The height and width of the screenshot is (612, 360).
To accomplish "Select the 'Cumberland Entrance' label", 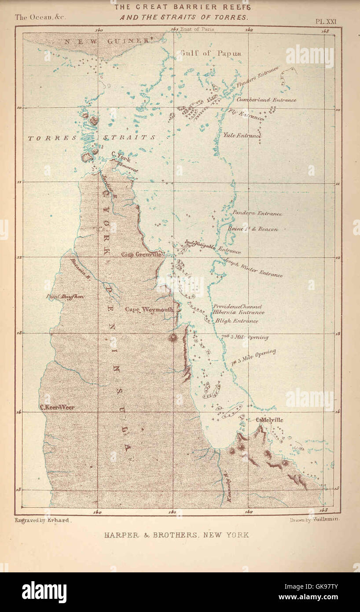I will click(x=266, y=100).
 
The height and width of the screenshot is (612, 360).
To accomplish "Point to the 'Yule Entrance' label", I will click(x=242, y=136).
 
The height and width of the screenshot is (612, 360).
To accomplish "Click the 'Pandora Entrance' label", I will click(x=257, y=214).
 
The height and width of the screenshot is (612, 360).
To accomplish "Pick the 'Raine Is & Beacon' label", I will click(x=253, y=229).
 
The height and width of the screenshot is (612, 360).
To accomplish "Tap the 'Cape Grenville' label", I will click(x=142, y=254).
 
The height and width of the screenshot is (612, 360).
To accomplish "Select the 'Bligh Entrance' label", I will click(x=236, y=321).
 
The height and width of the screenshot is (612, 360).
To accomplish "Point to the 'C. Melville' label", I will click(x=269, y=420).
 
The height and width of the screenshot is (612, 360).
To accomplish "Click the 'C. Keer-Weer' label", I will click(x=57, y=407).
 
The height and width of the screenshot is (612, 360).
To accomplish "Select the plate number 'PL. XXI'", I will click(x=325, y=21).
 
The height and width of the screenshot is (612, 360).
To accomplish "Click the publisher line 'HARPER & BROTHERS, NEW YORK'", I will click(x=176, y=535).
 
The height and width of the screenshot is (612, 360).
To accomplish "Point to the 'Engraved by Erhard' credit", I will click(x=42, y=520).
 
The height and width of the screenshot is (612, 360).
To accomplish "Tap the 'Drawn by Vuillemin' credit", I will click(x=314, y=520).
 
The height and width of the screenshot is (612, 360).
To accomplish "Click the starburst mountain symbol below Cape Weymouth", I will click(x=172, y=338).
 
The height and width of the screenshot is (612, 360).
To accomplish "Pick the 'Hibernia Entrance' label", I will click(x=239, y=312).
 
